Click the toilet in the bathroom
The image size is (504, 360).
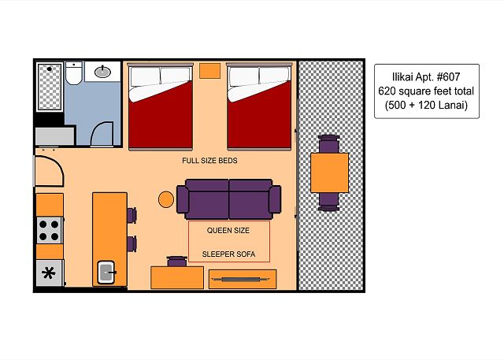coord(73,73)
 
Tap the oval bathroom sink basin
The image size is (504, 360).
coord(102,72)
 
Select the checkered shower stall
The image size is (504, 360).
coord(50,87)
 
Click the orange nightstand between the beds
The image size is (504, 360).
coord(209,71)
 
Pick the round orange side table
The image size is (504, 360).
coord(166,199)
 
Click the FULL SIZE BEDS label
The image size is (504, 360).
coord(209,161)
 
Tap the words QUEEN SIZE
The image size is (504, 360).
coord(228,230)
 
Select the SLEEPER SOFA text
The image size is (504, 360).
coord(228,254)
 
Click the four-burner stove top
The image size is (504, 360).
coord(50,230)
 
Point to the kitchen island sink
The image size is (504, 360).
coord(106,273)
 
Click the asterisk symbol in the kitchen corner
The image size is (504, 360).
coord(49,273)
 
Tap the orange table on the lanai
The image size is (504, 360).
coord(329,173)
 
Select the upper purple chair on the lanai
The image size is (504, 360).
coord(329,143)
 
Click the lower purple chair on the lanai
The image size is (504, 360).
coord(329,202)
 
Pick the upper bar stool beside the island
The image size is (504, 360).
coord(132,215)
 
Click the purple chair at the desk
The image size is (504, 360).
coord(176,261)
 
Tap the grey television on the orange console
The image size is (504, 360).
coord(241,280)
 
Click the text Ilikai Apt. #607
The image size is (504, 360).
coord(426,77)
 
